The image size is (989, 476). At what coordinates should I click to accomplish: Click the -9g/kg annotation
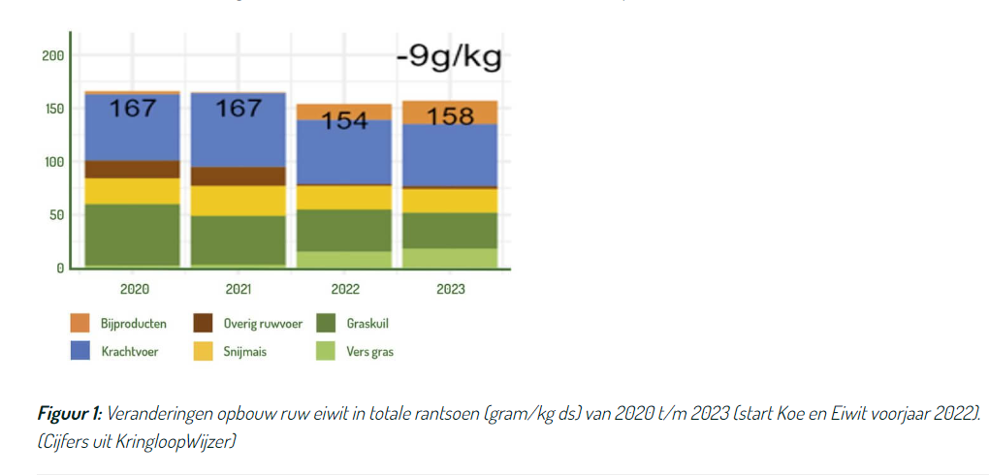(449, 58)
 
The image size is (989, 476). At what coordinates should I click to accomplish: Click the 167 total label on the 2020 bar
(133, 108)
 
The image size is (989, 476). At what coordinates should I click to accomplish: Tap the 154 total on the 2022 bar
(344, 122)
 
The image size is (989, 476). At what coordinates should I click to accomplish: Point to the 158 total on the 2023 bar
(451, 117)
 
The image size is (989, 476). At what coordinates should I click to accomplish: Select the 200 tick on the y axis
(52, 55)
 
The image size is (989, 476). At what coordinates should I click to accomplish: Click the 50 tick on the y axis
(55, 214)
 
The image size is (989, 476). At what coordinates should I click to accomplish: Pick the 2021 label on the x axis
(239, 289)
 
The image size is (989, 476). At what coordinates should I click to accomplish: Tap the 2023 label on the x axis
(451, 289)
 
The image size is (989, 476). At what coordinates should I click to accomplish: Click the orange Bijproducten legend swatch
(81, 324)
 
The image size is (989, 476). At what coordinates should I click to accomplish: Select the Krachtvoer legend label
(130, 352)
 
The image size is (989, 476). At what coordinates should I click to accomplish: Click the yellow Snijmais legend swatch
(205, 352)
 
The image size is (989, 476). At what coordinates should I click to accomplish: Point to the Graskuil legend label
(367, 324)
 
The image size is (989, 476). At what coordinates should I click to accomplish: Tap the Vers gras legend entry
(369, 352)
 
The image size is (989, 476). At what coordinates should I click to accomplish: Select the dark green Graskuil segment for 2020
(133, 234)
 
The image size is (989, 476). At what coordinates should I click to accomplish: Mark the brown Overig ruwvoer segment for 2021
(239, 176)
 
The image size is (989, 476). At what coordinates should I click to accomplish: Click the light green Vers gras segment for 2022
(344, 259)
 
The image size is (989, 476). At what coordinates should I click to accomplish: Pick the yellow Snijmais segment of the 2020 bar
(133, 191)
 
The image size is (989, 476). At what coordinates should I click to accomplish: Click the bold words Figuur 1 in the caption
(69, 414)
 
